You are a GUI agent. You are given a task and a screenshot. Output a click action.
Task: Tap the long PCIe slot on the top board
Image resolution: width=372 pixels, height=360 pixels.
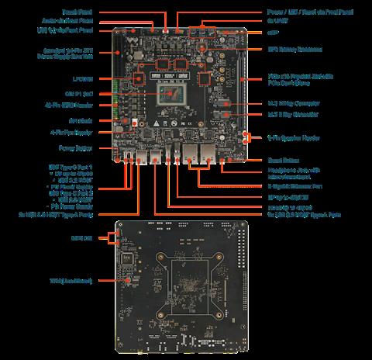(x=243, y=85)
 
